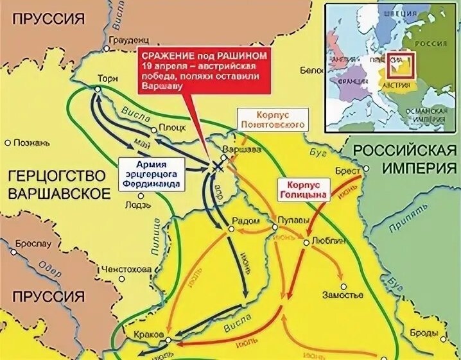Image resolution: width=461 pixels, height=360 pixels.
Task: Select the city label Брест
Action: point(347,171)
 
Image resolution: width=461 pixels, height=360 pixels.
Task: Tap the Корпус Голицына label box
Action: point(302,187)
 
